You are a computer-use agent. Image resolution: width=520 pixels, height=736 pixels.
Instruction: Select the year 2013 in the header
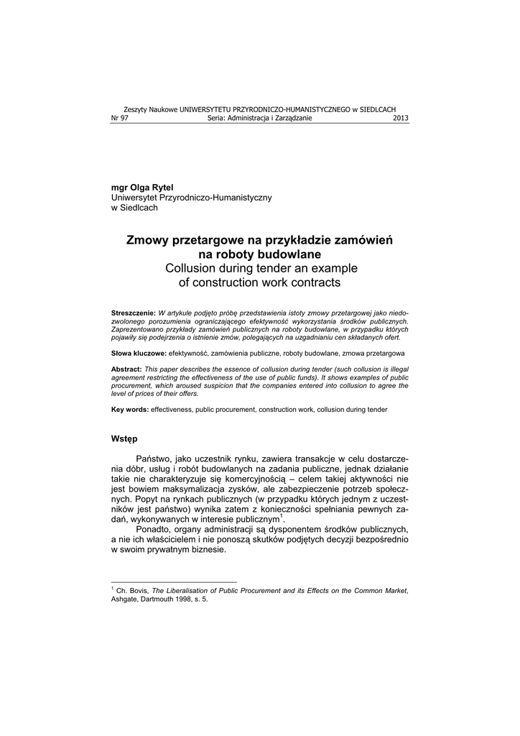[401, 118]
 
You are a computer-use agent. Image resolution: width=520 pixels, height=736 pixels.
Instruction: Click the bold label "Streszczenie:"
[133, 314]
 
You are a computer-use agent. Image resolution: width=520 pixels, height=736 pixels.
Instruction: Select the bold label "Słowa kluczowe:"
[139, 354]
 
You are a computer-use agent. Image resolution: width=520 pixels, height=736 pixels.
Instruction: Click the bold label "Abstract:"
[126, 368]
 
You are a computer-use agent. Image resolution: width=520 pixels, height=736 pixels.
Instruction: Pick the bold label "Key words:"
[130, 409]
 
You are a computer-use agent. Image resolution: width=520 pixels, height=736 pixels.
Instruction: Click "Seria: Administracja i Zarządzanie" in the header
[259, 118]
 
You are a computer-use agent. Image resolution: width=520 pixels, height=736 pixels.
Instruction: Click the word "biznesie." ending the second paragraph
[205, 550]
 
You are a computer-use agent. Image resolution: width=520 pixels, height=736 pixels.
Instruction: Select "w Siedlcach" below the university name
[134, 208]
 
